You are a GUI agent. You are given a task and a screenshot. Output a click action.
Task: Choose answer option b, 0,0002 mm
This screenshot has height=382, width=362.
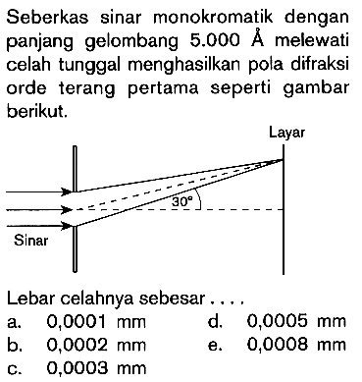[69, 343]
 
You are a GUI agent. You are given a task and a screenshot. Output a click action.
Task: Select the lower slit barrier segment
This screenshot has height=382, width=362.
[73, 251]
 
